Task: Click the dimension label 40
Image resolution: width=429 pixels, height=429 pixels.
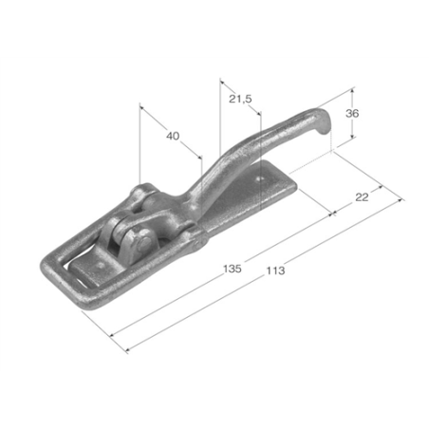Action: point(173,136)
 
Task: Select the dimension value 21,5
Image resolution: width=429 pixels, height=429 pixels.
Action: point(240,99)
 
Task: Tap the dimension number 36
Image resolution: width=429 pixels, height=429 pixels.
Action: point(352,113)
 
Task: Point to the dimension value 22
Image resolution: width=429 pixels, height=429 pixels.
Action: point(362,197)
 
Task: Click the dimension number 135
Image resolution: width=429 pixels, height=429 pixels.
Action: point(233,269)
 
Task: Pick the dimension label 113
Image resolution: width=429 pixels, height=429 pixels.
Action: point(275,270)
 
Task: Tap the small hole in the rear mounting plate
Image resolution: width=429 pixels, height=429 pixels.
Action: point(260,179)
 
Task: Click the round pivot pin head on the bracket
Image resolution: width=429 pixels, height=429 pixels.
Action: point(144,243)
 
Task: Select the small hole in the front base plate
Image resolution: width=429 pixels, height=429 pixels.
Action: point(101,265)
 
